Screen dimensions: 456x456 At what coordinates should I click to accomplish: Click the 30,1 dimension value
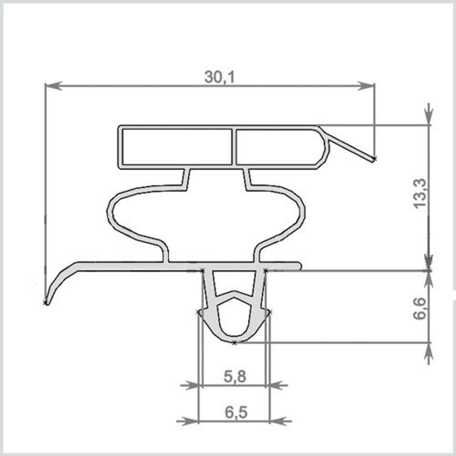[219, 78]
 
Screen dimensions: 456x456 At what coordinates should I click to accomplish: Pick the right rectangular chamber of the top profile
[278, 146]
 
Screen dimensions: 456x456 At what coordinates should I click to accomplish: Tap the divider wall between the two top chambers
[233, 146]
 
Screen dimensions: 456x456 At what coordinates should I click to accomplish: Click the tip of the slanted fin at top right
[374, 159]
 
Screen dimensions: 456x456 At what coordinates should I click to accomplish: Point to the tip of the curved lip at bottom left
[46, 303]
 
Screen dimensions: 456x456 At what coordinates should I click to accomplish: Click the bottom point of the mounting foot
[233, 342]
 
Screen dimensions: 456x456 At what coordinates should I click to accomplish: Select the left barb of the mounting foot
[198, 312]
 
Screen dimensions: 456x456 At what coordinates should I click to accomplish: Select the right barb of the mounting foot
[269, 312]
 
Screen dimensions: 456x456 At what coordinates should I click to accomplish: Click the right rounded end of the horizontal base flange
[299, 266]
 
